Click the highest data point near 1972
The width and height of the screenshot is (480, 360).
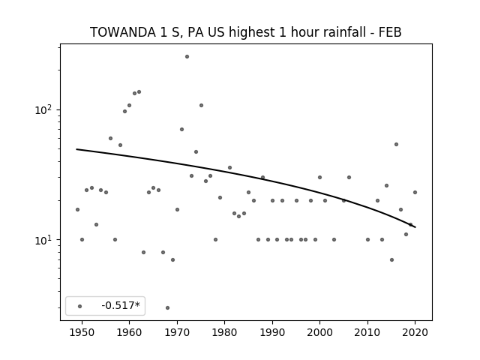[x=187, y=57]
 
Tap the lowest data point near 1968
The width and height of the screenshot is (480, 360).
[x=167, y=307]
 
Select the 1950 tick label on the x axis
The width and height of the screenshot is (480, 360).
[x=82, y=332]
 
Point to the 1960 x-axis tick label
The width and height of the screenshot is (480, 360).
[x=129, y=332]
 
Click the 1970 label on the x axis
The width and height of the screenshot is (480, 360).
[x=177, y=332]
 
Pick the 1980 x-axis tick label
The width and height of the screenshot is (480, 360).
[x=224, y=332]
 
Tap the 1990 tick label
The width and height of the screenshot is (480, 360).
[x=272, y=332]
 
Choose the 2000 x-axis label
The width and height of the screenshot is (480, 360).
[x=319, y=332]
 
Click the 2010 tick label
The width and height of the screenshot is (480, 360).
[x=367, y=332]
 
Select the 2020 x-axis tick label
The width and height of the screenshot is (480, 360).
[x=415, y=332]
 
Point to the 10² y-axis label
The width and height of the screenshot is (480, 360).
[x=45, y=109]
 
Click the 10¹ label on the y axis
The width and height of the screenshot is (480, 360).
[x=45, y=240]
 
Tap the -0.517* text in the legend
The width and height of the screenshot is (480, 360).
[x=121, y=305]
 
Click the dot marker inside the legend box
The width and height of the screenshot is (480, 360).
[x=80, y=306]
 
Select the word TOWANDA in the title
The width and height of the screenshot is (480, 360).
[x=123, y=32]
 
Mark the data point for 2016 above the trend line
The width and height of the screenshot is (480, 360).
[x=396, y=144]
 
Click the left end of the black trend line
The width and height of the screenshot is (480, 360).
[x=76, y=149]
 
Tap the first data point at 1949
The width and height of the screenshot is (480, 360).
[x=77, y=209]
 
